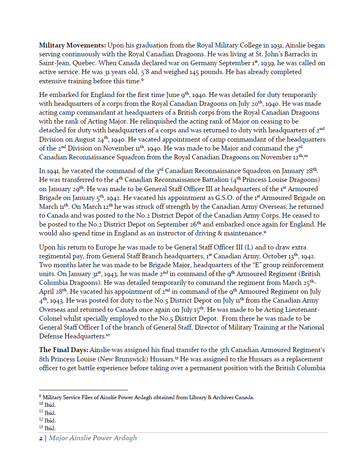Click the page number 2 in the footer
pyautogui.click(x=41, y=438)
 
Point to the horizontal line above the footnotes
pyautogui.click(x=83, y=390)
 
